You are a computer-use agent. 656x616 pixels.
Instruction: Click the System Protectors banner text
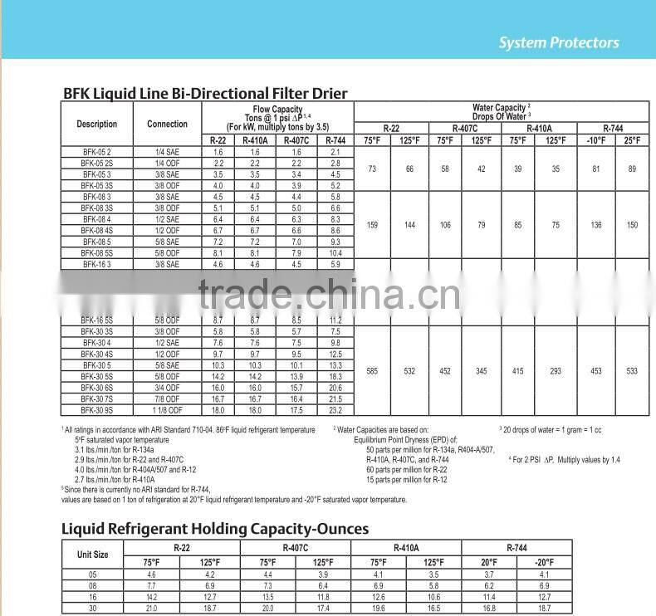point(559,43)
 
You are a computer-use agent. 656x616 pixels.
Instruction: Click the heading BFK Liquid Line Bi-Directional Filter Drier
point(206,93)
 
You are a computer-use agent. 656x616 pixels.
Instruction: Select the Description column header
point(97,124)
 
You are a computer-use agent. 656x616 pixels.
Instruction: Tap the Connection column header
point(167,124)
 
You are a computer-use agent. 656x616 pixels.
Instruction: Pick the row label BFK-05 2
point(96,153)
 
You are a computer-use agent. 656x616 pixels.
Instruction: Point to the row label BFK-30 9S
point(97,410)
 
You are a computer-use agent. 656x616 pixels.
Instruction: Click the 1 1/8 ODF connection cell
point(167,410)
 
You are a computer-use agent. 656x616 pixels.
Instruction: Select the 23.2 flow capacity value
point(335,410)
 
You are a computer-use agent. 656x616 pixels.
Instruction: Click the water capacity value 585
point(372,371)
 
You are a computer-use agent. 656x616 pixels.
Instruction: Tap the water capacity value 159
point(372,225)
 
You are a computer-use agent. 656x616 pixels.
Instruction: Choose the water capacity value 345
point(482,371)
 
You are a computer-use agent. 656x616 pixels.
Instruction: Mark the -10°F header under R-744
point(596,140)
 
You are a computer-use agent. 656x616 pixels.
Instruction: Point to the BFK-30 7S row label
point(97,399)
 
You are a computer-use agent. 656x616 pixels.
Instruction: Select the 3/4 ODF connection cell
point(167,388)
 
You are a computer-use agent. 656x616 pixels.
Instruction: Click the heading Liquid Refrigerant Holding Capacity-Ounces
point(215,529)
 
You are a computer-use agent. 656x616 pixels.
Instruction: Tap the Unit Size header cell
point(92,555)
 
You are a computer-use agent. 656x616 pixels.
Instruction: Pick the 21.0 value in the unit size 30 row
point(151,608)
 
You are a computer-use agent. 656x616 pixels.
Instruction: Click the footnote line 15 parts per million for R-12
point(406,479)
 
